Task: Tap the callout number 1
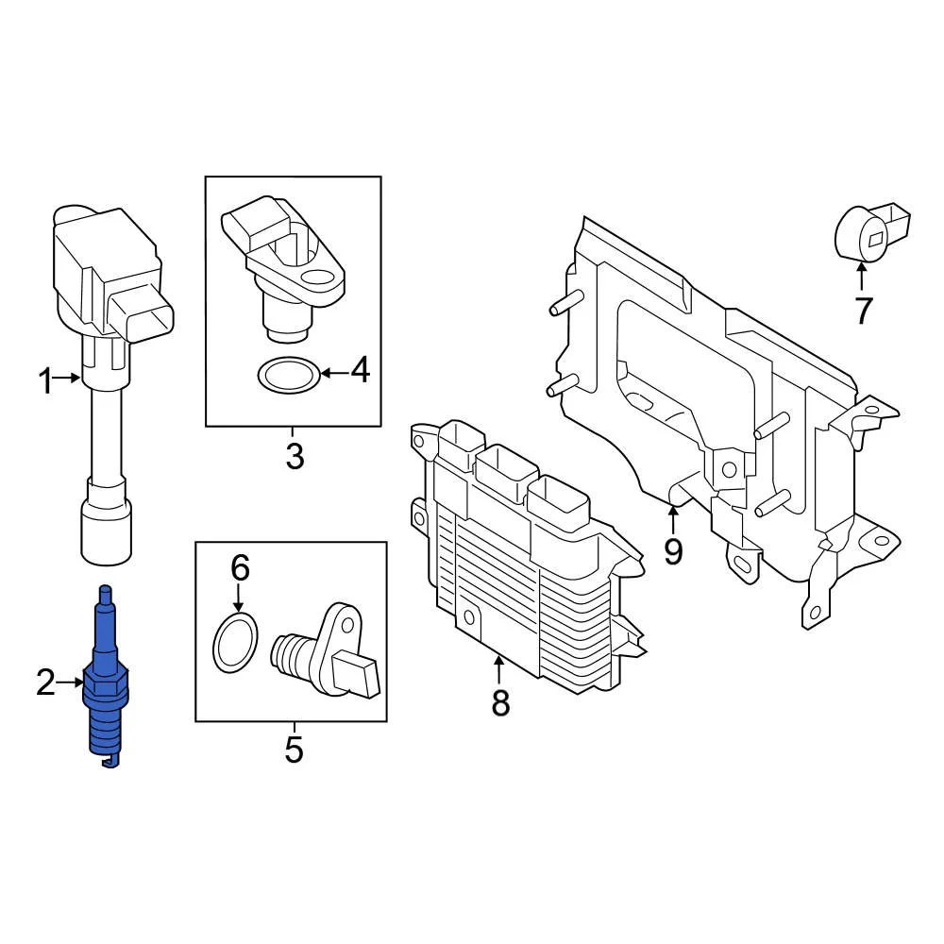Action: [45, 382]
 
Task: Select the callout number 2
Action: [45, 682]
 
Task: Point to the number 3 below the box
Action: [295, 457]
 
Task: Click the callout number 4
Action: [360, 371]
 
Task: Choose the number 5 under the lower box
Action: [294, 750]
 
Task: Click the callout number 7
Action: [863, 310]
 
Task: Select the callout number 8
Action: [499, 701]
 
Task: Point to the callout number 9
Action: [672, 550]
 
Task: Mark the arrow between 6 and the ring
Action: [239, 597]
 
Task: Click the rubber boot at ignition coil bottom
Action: [104, 523]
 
